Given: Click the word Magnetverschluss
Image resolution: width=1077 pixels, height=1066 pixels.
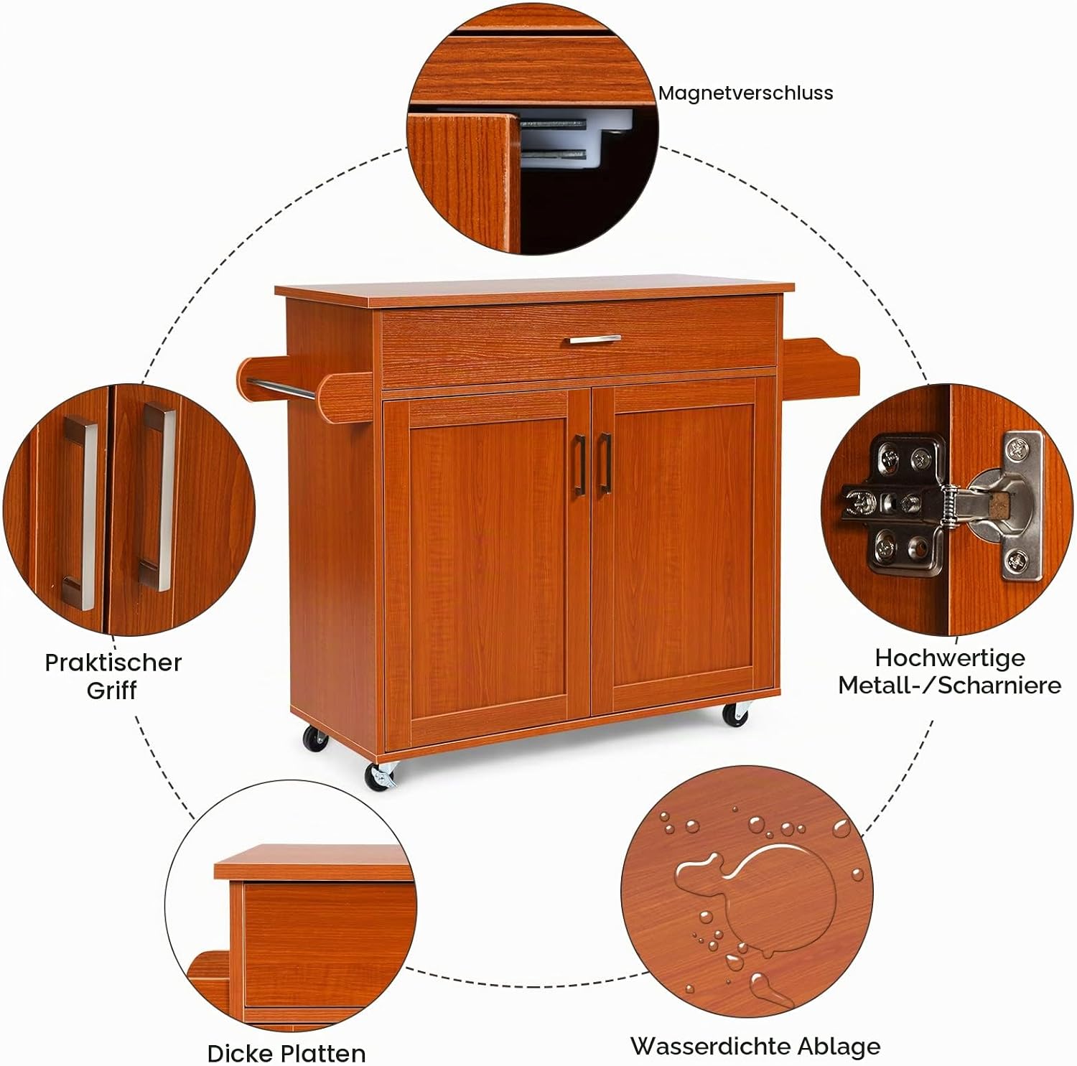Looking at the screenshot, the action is tap(745, 93).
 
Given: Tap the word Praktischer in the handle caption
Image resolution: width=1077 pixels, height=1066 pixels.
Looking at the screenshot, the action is tap(113, 662).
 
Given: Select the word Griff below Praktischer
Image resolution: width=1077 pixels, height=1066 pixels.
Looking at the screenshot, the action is tap(111, 691).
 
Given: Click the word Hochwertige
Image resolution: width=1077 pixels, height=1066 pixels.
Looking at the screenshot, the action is tap(949, 658).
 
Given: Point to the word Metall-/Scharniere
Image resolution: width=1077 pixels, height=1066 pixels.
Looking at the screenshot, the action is tap(949, 685).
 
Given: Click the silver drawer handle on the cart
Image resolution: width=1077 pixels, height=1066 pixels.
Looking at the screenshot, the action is tap(595, 339).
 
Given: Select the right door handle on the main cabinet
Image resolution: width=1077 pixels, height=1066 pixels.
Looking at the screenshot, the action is tap(605, 464).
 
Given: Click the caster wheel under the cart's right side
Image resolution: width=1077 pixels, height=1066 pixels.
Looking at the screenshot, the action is tap(736, 715).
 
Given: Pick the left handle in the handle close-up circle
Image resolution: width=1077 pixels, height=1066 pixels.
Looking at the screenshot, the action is tap(80, 513).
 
